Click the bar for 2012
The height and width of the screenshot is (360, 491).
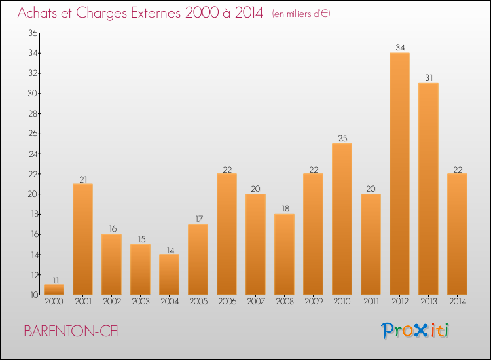coord(399,173)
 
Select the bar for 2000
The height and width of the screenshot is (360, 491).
coord(54,289)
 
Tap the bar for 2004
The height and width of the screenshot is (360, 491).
coord(169,274)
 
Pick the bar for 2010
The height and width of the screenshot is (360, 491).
coord(342,219)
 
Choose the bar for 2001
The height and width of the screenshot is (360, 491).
coord(82,239)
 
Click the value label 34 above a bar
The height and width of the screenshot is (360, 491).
coord(400,48)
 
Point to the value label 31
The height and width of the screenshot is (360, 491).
coord(429,78)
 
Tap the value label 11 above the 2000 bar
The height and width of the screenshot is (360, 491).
coord(56,280)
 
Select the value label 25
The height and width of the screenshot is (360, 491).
coord(342,138)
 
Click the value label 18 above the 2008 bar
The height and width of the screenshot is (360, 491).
coord(285,209)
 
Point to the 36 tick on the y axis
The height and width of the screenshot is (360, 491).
coord(33,33)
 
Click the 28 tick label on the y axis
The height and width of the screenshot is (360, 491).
coord(33,113)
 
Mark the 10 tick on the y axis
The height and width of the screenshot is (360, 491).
coord(34,295)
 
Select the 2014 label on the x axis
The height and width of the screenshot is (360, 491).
coord(458,302)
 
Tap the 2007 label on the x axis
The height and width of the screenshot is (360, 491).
coord(256,302)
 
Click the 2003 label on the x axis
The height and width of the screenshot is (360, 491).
coord(141,302)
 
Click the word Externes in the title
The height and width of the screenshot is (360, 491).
coord(156,13)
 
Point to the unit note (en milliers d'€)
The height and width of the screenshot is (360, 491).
coord(301,14)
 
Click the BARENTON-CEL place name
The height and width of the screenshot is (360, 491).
coord(73,331)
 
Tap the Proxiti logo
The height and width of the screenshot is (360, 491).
coord(415,331)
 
